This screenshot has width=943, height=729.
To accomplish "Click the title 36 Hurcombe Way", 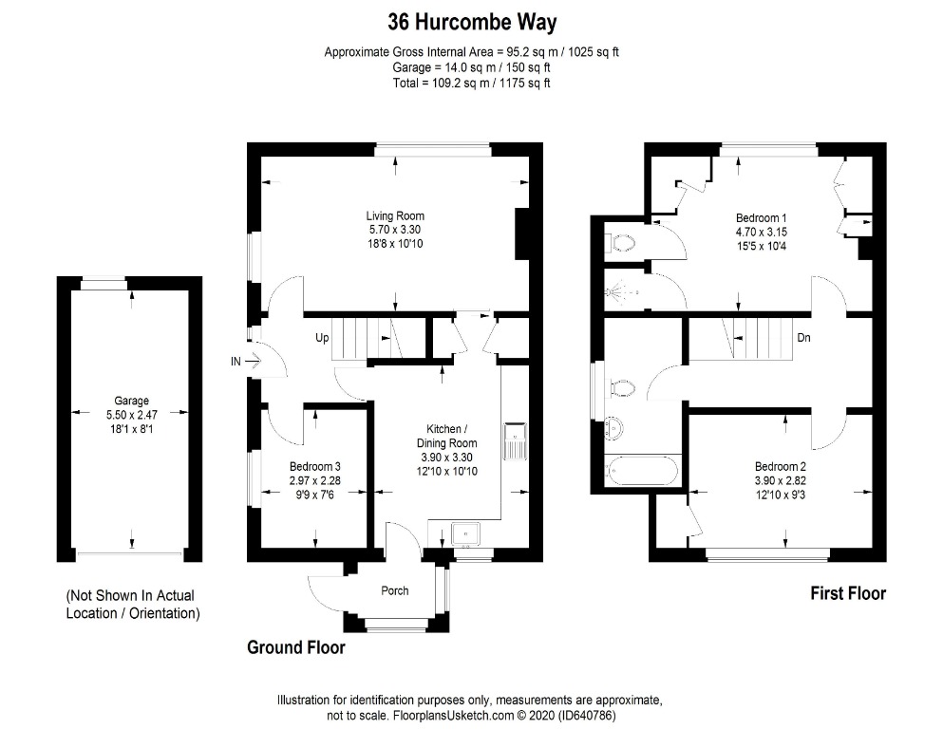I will pos(471,21).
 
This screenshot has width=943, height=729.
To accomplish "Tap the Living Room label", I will pos(395,215).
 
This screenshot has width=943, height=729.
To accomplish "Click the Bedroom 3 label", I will pos(314,466).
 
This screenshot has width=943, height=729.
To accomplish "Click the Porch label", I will pos(395,590).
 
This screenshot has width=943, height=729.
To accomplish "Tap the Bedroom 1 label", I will pos(762,216).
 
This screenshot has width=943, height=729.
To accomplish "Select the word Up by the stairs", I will pos(323,337).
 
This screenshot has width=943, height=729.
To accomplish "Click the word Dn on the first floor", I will pos(803,337).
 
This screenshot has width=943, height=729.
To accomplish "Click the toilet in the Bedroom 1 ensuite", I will pos(621,243).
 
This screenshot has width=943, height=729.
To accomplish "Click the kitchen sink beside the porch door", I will pos(466,535).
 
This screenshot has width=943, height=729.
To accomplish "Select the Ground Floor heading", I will pos(295,648).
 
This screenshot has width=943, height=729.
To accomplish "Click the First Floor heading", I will pos(847,593).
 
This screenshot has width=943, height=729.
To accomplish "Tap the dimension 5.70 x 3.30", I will pos(395,230).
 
